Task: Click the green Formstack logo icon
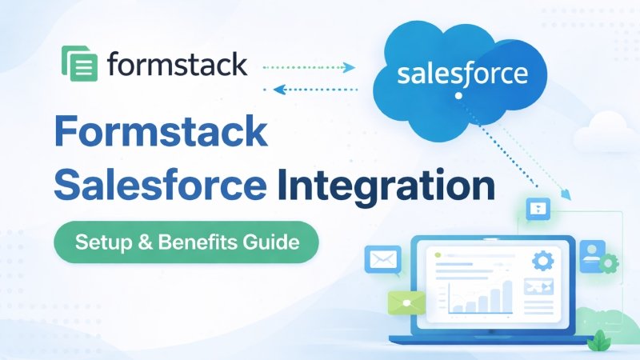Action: tap(79, 64)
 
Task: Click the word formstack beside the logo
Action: tap(176, 64)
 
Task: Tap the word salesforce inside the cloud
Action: tap(462, 75)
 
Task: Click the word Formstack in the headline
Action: tap(160, 131)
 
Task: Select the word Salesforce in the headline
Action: tap(160, 186)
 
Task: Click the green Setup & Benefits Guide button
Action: tap(186, 242)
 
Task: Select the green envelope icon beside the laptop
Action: tap(406, 302)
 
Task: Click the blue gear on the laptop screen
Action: tap(543, 260)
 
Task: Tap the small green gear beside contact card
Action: tap(610, 262)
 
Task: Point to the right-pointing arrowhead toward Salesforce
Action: tap(350, 67)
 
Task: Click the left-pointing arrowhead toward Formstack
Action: tap(279, 90)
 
